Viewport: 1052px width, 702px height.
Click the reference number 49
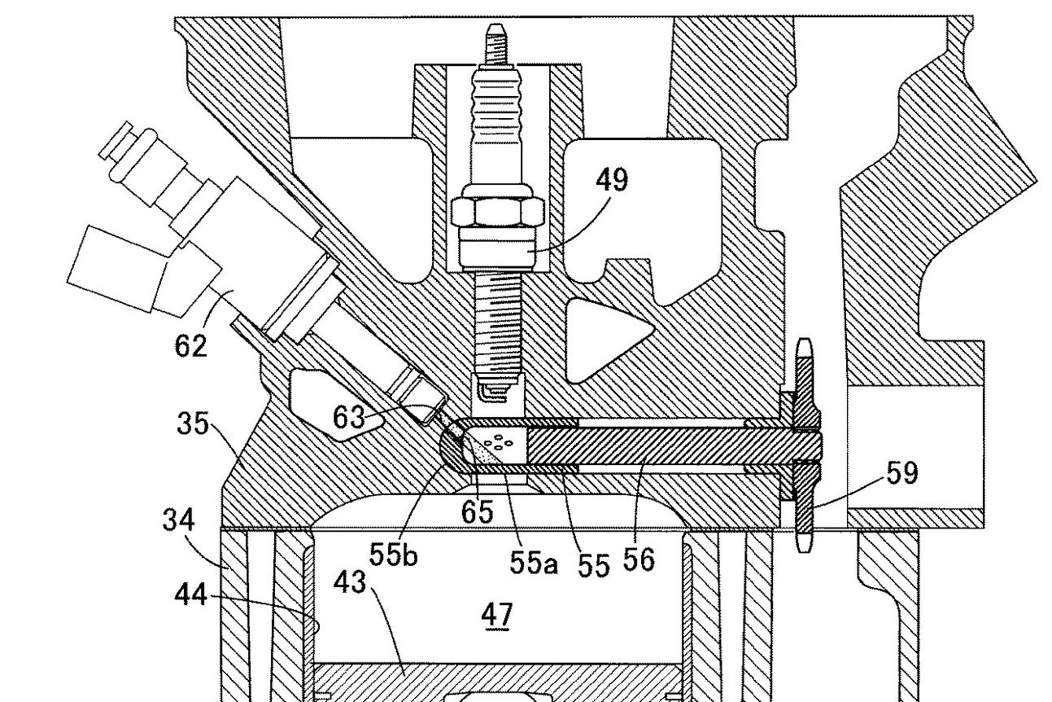612,180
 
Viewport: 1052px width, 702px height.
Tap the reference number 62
190,345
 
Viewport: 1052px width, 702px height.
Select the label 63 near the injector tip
348,417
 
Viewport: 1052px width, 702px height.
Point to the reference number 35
193,423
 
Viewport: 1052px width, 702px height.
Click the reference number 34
178,520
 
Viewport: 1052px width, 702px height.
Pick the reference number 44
190,595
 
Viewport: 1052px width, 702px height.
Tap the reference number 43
349,582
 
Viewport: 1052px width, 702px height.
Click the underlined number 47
497,615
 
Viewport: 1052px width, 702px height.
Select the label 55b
393,555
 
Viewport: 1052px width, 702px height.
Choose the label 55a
534,562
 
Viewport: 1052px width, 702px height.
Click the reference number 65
477,511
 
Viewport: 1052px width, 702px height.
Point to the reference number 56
638,559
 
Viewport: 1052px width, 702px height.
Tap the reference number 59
901,472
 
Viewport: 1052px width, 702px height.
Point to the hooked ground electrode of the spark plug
488,393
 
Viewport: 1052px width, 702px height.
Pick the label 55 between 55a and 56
594,564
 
